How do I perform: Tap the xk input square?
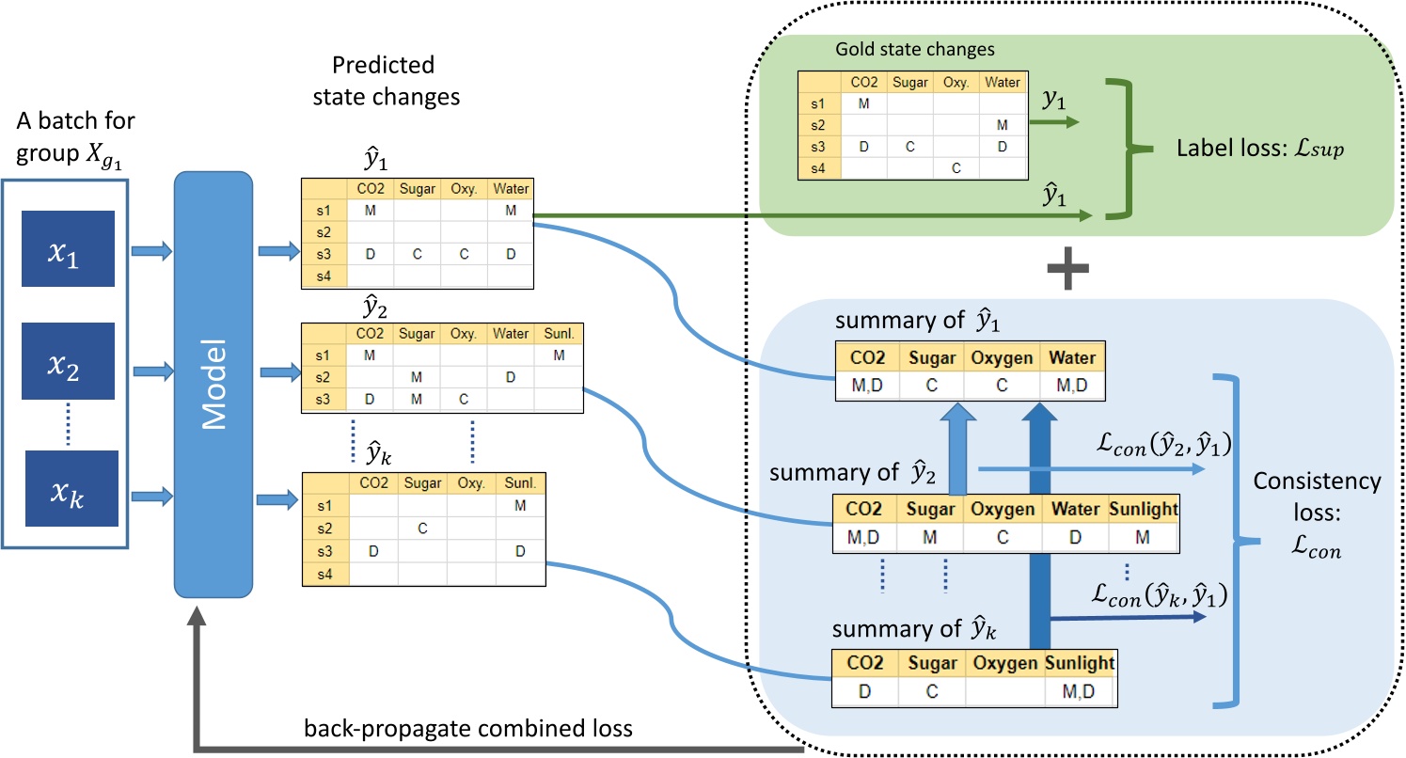click(71, 489)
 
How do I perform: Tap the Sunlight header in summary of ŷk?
click(1079, 663)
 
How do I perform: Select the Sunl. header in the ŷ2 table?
click(559, 334)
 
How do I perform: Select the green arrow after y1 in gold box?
click(1060, 120)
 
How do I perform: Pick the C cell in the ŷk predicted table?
click(422, 529)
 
